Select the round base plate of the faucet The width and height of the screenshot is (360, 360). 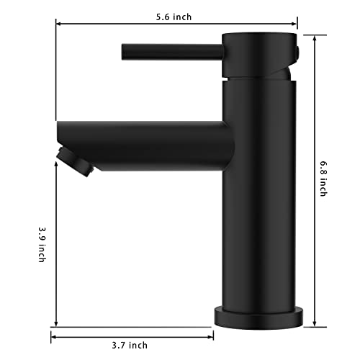point(260,316)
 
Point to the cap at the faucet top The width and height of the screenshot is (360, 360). point(259,55)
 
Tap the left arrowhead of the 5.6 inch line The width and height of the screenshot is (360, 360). point(59,24)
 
